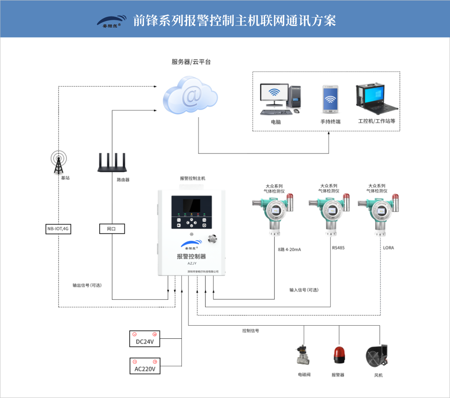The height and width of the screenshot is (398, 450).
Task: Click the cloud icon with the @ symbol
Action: pos(190,96)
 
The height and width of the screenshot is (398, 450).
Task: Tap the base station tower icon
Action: pos(59,162)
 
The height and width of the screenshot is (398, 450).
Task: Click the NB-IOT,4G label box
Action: pos(58,229)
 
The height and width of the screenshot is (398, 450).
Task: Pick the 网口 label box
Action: pos(112,229)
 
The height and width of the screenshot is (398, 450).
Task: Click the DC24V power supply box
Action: pos(145,339)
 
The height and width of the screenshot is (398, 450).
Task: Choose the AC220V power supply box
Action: pos(145,366)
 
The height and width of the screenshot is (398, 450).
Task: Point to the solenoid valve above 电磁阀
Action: pos(303,355)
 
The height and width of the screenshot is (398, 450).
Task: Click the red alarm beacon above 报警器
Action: pos(339,355)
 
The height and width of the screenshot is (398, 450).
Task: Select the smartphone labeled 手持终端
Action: pos(330,100)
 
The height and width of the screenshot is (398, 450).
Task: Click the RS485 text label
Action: pos(338,248)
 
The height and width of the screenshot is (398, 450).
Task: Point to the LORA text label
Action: pos(388,248)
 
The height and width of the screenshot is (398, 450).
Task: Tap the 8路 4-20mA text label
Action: pos(289,249)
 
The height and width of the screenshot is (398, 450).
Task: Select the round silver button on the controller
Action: pos(213,238)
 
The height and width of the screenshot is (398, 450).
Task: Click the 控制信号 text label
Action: pos(250,331)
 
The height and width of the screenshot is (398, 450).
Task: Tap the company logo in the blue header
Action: pos(112,21)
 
